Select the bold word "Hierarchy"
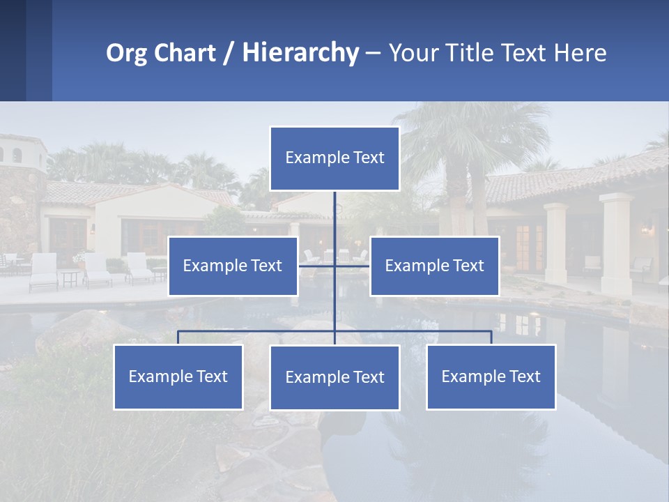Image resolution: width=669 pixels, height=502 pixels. [300, 53]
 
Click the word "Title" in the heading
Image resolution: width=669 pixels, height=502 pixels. [479, 53]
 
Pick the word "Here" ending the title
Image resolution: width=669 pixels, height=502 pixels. [580, 53]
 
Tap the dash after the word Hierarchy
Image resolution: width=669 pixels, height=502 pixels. [373, 54]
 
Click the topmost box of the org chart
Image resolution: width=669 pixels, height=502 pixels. [334, 158]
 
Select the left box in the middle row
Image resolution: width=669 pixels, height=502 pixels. [233, 266]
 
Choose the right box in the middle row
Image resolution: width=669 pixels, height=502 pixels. [434, 266]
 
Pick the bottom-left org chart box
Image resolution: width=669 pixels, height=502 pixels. [178, 376]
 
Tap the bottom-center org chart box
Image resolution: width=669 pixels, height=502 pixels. [334, 377]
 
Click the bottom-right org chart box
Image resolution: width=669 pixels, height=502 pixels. [491, 376]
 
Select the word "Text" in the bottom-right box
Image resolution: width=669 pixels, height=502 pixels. [524, 376]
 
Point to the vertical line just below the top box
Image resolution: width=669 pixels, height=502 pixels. [334, 209]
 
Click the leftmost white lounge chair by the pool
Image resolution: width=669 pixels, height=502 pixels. [44, 271]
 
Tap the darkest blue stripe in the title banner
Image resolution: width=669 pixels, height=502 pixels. [13, 50]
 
